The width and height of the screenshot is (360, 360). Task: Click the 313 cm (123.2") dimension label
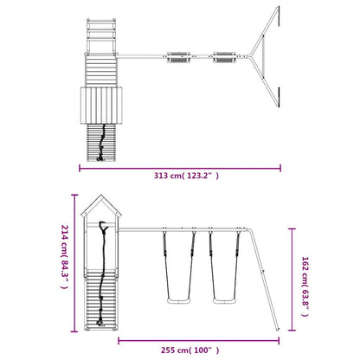tap(186, 176)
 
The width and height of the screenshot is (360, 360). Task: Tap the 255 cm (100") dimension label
tap(190, 350)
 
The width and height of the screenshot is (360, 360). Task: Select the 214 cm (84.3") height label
tap(65, 257)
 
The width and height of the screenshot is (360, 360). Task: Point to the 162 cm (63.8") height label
tap(305, 286)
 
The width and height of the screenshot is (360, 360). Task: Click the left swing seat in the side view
tap(179, 301)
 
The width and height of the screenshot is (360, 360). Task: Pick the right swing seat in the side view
tap(224, 301)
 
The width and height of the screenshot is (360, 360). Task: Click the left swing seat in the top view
tap(179, 57)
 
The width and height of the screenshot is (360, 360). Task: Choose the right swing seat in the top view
tap(224, 57)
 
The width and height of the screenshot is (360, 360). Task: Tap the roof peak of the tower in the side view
tap(101, 195)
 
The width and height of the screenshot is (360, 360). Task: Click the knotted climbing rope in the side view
tap(102, 274)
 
